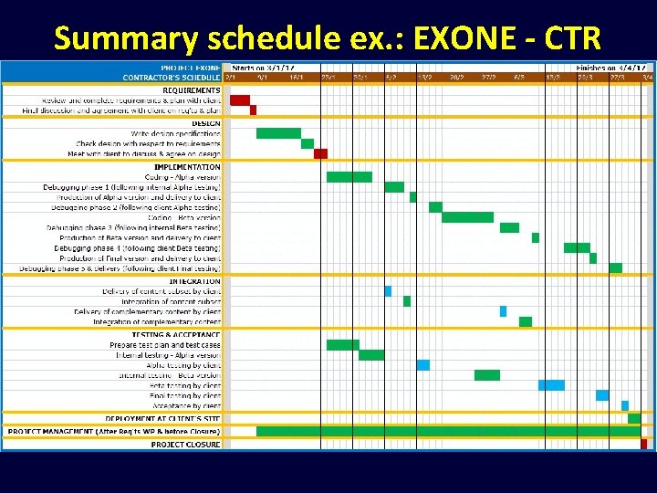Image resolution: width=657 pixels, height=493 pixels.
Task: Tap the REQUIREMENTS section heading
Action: click(x=191, y=90)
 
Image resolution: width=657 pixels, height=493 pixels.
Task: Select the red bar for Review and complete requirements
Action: click(x=239, y=100)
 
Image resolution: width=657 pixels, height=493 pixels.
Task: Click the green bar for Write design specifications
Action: click(x=278, y=133)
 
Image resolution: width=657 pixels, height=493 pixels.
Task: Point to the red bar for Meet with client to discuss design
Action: click(x=320, y=153)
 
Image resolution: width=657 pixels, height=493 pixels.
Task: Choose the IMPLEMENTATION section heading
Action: click(x=187, y=167)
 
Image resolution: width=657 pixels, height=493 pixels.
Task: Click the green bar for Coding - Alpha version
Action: click(x=349, y=177)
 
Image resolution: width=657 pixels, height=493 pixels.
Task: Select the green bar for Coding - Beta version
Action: click(x=467, y=217)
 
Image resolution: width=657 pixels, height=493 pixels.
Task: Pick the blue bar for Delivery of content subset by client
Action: click(x=388, y=291)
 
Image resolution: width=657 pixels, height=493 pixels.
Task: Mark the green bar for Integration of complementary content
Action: click(x=526, y=321)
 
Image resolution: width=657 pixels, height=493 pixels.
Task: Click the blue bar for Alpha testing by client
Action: click(x=423, y=365)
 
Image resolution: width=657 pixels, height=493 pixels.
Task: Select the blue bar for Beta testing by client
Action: click(x=551, y=385)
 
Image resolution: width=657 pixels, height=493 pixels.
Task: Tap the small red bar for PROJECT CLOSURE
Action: click(x=643, y=445)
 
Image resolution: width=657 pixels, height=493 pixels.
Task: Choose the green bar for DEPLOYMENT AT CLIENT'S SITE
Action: click(x=634, y=418)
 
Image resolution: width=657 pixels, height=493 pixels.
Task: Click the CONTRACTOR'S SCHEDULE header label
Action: click(x=172, y=78)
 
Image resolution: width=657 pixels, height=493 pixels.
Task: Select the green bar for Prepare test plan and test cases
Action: click(x=342, y=345)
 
